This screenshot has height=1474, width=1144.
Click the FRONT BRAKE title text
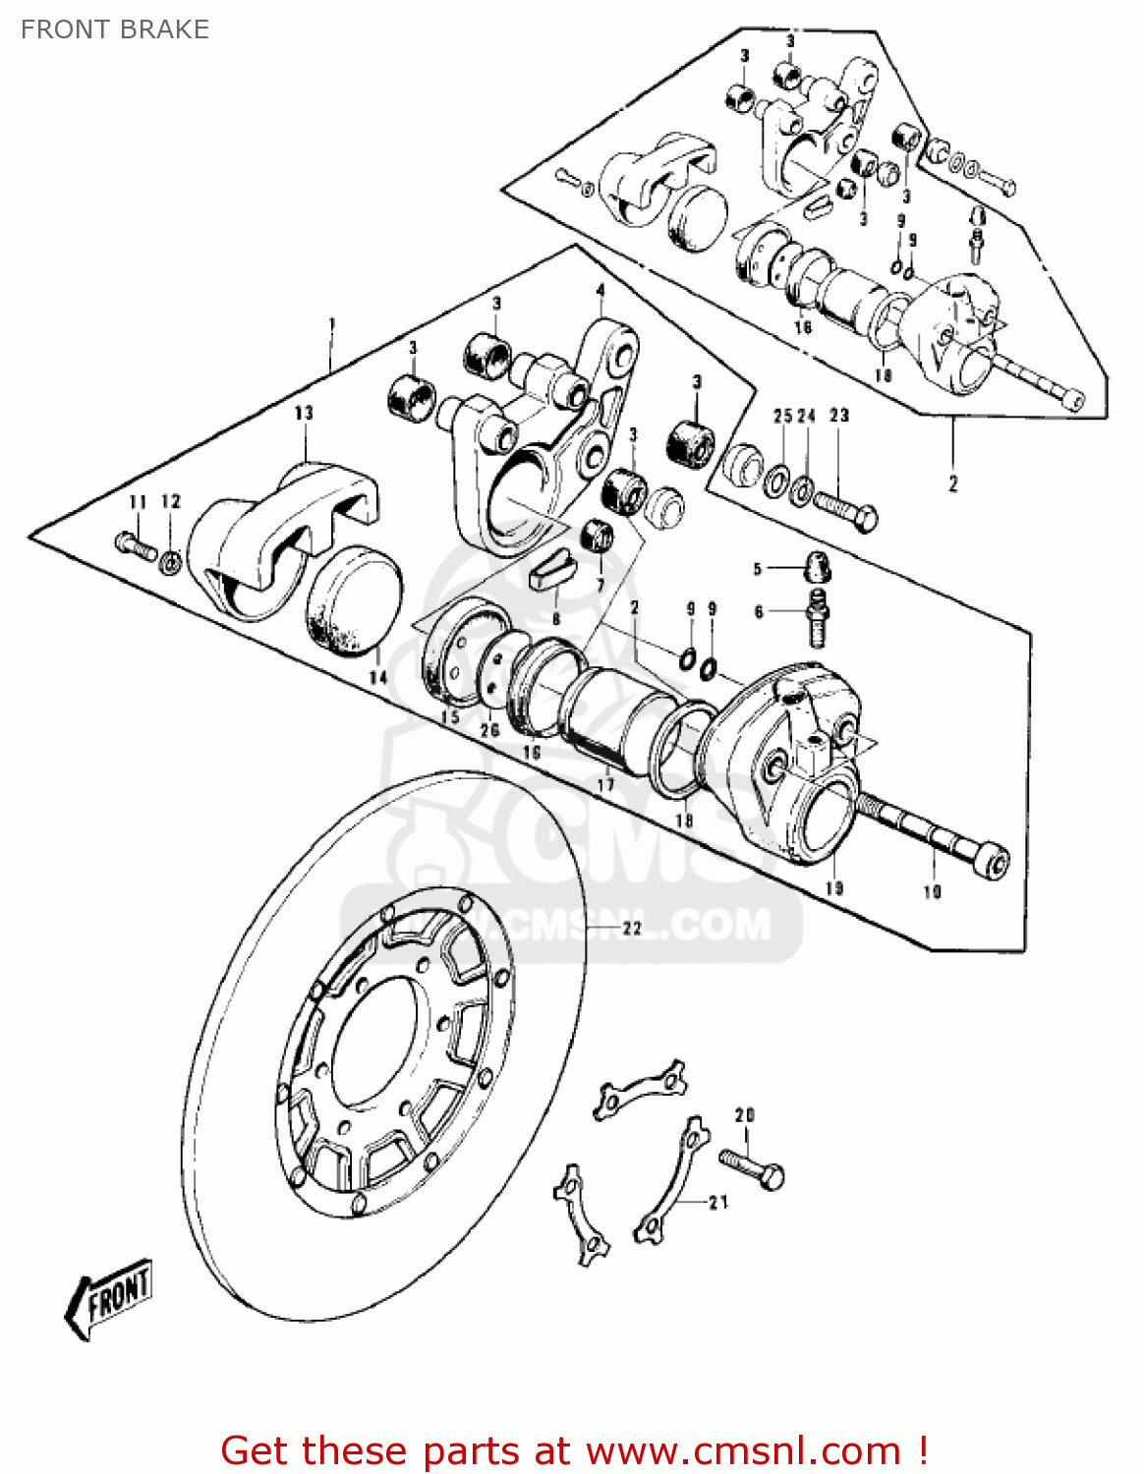point(115,29)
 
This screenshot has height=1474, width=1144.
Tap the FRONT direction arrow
point(109,1298)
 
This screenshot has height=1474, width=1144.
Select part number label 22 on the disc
point(631,928)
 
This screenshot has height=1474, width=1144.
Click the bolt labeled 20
point(752,1167)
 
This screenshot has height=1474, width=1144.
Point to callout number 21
point(718,1202)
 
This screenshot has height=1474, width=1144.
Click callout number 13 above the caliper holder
point(304,414)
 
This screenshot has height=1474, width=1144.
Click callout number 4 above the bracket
point(601,291)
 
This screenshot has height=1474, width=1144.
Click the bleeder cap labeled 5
point(818,566)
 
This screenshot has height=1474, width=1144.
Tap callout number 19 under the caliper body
point(834,887)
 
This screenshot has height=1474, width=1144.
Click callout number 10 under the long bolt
point(932,891)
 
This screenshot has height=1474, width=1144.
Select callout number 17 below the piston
point(605,784)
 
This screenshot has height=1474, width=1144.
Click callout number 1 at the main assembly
point(332,324)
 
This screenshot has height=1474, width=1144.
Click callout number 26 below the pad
point(489,729)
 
